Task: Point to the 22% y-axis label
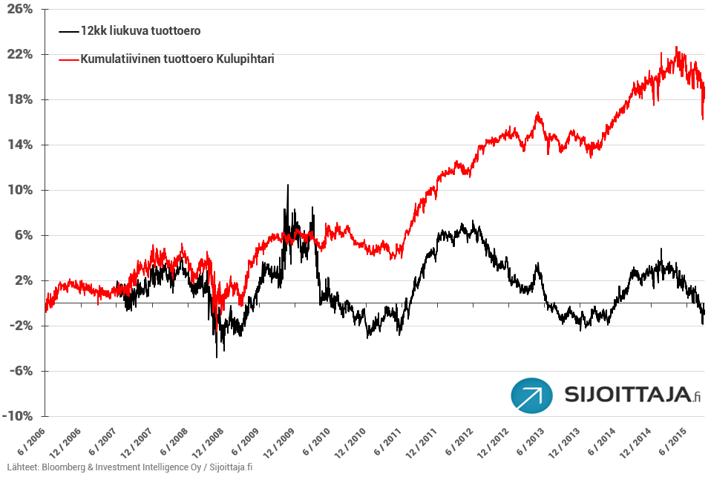tap(20, 55)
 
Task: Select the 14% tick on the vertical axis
tap(20, 145)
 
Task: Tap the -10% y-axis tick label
tap(18, 416)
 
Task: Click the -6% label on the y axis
tap(20, 371)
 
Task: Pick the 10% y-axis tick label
tap(20, 191)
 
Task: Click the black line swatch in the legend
tap(68, 31)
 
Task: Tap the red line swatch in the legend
tap(68, 58)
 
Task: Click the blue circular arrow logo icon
tap(531, 395)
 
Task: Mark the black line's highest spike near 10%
tap(288, 185)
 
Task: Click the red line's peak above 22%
tap(676, 47)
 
